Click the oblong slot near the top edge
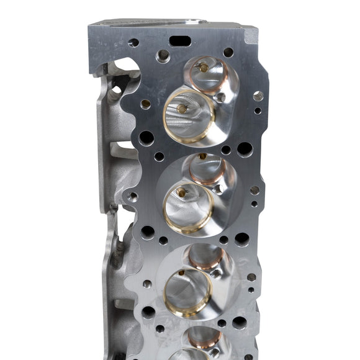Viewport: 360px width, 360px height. (x=179, y=41)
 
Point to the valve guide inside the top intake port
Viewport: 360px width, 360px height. (x=181, y=109)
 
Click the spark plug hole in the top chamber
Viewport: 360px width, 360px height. (x=221, y=97)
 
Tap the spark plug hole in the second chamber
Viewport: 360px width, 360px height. (x=218, y=189)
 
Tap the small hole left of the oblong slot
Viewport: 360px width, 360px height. (x=133, y=43)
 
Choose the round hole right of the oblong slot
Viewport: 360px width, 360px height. (x=228, y=53)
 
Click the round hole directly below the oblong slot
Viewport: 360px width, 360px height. (x=163, y=55)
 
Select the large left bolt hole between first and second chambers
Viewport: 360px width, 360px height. (x=146, y=138)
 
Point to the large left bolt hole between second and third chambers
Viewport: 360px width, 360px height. (x=148, y=232)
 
